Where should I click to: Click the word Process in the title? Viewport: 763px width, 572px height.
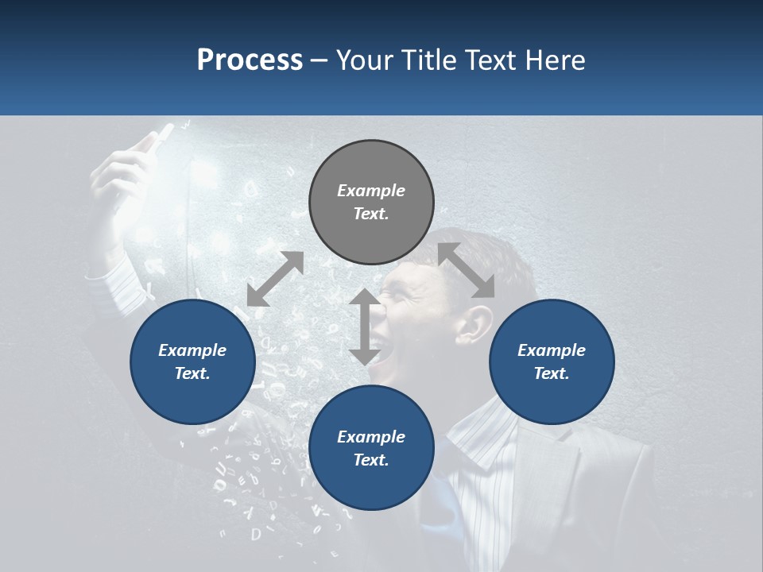250,60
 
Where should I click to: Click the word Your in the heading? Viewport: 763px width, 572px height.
364,60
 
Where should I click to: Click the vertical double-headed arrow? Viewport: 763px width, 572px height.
365,327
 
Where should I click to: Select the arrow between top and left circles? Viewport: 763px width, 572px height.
275,279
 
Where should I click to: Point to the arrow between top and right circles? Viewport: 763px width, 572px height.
466,270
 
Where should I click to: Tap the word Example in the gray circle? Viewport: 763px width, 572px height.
371,191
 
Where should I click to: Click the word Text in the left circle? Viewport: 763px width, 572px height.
192,373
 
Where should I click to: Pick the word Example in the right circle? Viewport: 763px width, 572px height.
552,350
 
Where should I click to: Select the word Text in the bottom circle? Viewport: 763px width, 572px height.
371,460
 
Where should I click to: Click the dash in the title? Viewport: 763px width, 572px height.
319,60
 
